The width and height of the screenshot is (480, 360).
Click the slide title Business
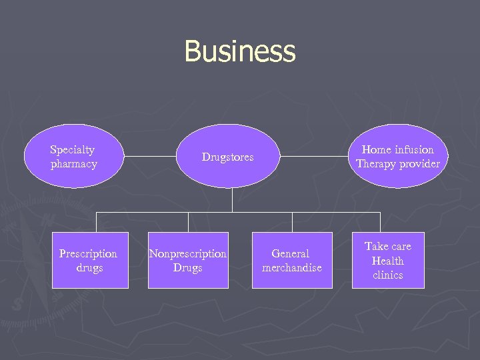(x=239, y=51)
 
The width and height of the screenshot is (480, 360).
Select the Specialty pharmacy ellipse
(x=73, y=157)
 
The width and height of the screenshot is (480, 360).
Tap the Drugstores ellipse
(x=228, y=157)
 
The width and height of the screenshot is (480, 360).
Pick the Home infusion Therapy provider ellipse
(x=397, y=157)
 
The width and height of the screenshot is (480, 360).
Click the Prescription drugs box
(x=90, y=261)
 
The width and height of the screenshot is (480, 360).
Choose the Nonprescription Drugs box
(x=188, y=261)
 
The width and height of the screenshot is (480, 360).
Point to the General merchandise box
(x=292, y=261)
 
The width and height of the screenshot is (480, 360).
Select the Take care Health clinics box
(x=388, y=261)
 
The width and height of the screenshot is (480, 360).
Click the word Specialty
(x=73, y=150)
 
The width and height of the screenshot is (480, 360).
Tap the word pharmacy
(x=73, y=164)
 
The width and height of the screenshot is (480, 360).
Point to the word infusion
(x=413, y=150)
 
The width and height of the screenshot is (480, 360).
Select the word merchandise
(x=292, y=268)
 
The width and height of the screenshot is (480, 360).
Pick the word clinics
(x=388, y=275)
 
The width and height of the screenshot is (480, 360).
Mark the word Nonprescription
(x=188, y=254)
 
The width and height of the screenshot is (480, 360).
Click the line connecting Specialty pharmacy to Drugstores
(x=152, y=157)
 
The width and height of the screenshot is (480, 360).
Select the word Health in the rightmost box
(x=388, y=261)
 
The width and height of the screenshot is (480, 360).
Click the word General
(x=291, y=254)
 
